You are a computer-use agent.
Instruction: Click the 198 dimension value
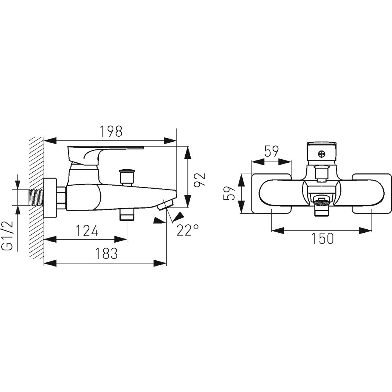(111, 131)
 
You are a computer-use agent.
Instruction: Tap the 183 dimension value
(106, 253)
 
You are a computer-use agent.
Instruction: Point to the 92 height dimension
(200, 176)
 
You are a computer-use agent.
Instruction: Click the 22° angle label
(188, 230)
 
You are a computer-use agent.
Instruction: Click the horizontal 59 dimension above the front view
(271, 152)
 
